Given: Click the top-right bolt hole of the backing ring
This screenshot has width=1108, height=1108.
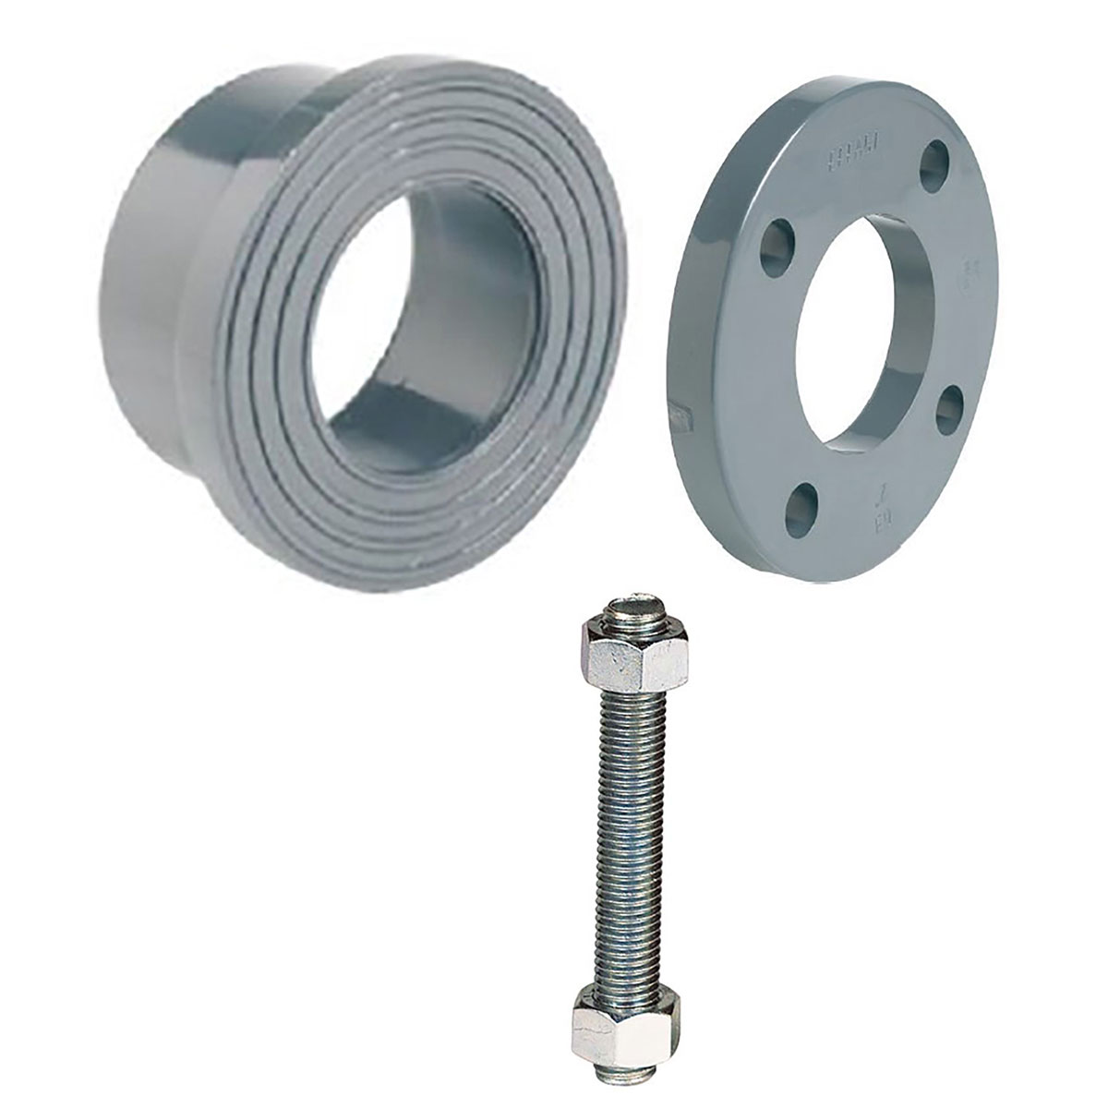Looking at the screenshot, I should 939,156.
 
